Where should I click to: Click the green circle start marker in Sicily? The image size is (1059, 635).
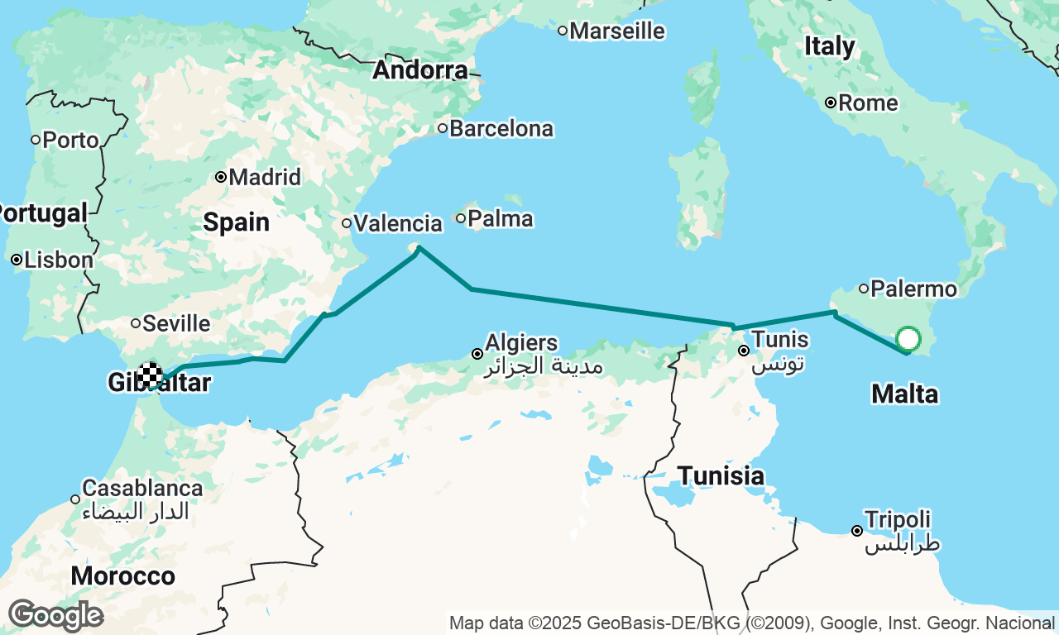click(908, 339)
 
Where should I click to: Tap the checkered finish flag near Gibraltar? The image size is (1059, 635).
click(151, 375)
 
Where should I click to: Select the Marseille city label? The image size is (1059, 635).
click(617, 31)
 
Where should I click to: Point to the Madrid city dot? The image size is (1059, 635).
click(221, 177)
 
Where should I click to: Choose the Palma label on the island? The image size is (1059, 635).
click(501, 219)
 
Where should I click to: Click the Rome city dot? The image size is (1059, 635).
click(830, 103)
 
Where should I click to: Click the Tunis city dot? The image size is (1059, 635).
click(744, 351)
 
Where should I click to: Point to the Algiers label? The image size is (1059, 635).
click(521, 342)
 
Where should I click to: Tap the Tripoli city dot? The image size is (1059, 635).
click(856, 531)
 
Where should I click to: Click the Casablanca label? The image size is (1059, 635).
click(142, 488)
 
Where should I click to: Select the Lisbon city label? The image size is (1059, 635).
click(59, 260)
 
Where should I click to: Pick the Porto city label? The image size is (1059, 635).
click(71, 140)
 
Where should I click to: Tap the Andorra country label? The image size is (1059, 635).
click(420, 71)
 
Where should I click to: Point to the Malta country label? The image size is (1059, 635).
click(904, 394)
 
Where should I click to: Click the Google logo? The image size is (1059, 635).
click(55, 616)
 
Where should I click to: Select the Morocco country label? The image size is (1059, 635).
click(122, 576)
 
